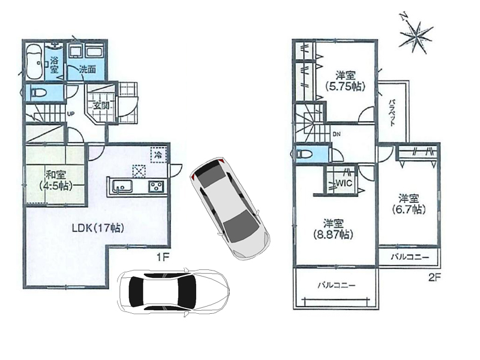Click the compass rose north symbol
416,33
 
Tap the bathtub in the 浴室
34,62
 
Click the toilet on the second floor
304,154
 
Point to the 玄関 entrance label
101,106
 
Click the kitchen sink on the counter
122,187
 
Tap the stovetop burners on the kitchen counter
156,187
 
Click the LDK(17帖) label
98,228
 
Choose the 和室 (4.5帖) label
55,181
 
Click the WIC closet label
344,183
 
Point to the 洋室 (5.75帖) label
346,81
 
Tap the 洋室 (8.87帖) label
334,229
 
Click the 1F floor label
163,257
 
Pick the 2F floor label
434,278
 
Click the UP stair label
71,114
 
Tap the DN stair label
337,134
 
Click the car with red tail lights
230,209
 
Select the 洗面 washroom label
88,70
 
